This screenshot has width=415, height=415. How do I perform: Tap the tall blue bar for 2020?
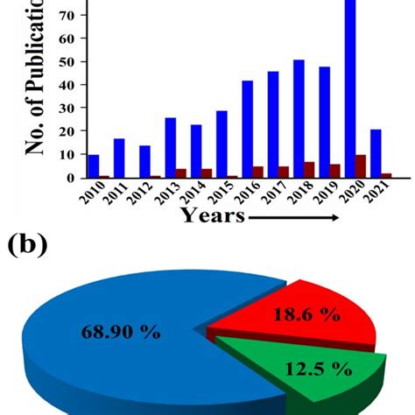pyautogui.click(x=349, y=88)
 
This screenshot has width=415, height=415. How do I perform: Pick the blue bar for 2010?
pyautogui.click(x=94, y=166)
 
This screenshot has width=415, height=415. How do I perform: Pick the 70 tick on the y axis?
pyautogui.click(x=68, y=16)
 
